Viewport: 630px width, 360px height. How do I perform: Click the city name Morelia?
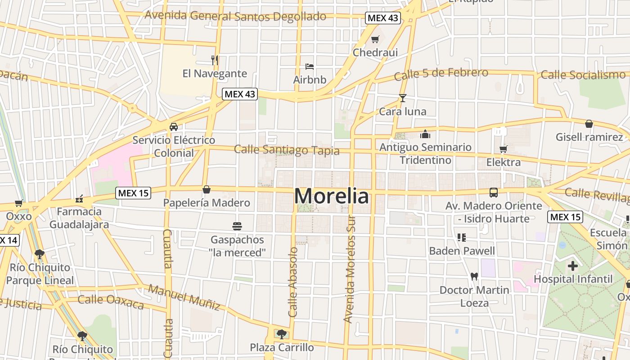332,196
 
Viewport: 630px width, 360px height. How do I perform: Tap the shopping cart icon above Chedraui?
375,39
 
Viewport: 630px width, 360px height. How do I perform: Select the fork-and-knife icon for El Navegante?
215,60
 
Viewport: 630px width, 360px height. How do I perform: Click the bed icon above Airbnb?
310,67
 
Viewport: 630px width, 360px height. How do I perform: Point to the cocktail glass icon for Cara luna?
402,98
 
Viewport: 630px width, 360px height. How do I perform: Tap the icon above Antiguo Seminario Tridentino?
425,134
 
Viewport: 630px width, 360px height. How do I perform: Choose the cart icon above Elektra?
503,149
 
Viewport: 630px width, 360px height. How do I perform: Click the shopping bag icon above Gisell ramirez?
589,124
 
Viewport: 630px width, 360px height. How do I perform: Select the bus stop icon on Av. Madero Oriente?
494,193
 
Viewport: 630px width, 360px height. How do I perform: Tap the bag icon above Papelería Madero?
206,189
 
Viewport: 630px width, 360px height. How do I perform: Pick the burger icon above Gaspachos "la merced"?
237,226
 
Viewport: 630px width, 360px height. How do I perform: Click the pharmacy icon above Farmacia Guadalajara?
79,198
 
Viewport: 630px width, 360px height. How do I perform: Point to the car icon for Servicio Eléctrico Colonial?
174,127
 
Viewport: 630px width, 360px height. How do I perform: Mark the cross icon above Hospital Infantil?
573,266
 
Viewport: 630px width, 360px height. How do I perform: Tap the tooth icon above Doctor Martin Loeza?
474,276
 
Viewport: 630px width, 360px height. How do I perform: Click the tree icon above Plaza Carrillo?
282,334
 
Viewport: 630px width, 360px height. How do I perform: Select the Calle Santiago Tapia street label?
287,150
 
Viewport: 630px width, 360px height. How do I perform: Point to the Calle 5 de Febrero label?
441,74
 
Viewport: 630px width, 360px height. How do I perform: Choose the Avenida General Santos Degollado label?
235,16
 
